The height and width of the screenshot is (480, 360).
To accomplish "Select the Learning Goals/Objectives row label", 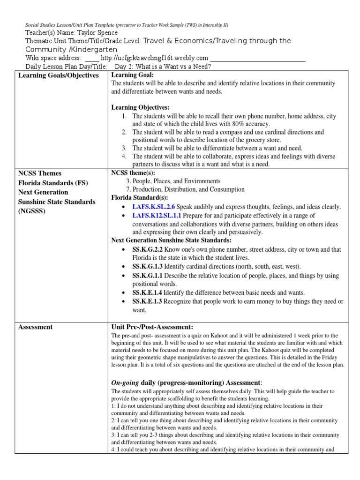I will click(58, 75).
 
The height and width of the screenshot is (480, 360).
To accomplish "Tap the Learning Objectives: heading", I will click(140, 107).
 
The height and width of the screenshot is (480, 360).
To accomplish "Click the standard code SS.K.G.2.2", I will click(147, 249).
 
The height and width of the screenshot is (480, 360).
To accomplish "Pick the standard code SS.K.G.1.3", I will click(147, 266).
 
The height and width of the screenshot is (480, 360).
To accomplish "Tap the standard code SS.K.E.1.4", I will click(147, 292).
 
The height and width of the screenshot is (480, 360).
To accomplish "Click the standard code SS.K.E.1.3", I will click(147, 301).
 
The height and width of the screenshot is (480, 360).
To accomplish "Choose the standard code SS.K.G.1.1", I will click(147, 275).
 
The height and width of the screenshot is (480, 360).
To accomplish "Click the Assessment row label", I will click(36, 327).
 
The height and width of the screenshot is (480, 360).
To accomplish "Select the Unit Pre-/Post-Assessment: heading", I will click(152, 327).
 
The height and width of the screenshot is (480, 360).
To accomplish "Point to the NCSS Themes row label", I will click(40, 173).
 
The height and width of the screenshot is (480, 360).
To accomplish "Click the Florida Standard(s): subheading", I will click(139, 198).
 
